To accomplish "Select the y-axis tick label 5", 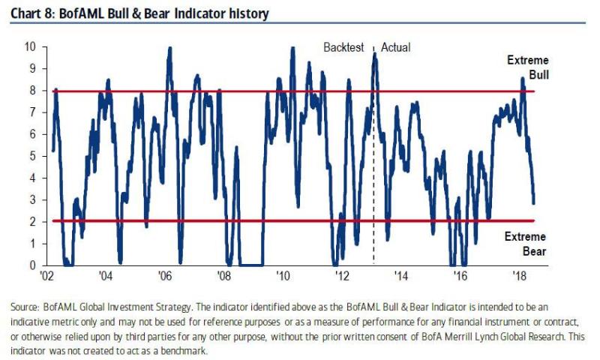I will coord(31,156).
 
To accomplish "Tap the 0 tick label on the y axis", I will coord(31,265).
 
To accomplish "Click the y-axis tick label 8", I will coord(31,91).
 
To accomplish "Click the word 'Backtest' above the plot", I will coord(343,47).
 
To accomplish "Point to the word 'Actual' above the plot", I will coord(395,47).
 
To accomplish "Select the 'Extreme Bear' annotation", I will coord(526,244).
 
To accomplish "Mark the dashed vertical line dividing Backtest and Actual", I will coord(373,187).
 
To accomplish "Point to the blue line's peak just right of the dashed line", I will coord(375,54).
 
